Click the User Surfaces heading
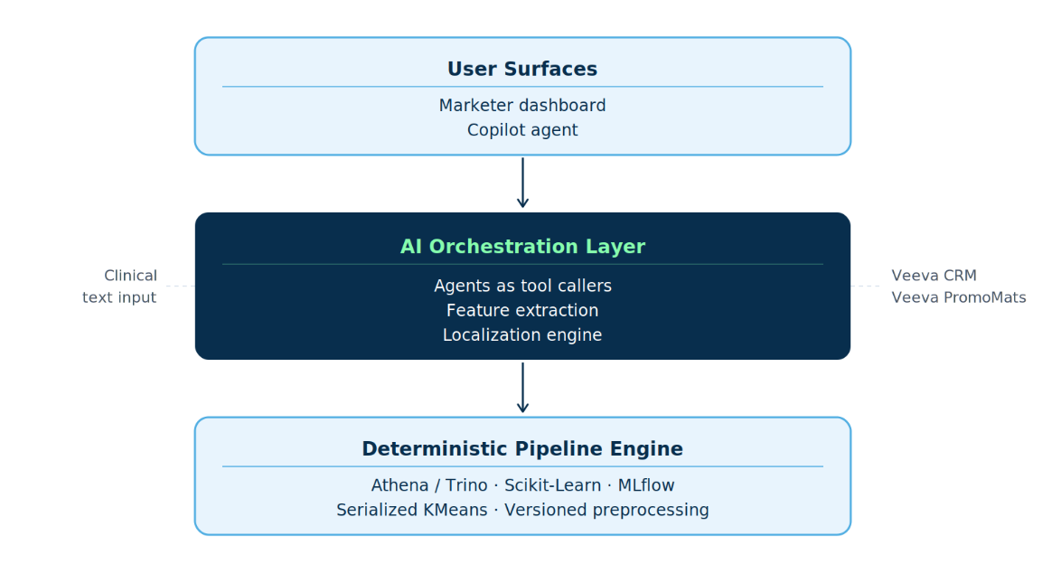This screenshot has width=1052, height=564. (522, 69)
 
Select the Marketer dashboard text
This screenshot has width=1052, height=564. (522, 105)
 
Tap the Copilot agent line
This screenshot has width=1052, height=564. (522, 130)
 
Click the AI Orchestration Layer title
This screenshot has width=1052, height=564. (522, 247)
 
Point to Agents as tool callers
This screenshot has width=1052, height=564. (522, 286)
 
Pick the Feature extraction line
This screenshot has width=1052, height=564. (522, 311)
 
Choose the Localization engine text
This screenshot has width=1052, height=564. (522, 335)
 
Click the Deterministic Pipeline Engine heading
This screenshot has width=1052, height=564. (522, 448)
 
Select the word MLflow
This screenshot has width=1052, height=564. (646, 484)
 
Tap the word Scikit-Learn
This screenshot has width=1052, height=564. (552, 485)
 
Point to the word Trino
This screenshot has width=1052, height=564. (466, 484)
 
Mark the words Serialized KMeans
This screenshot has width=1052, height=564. (412, 510)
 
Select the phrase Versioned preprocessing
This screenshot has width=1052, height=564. (606, 511)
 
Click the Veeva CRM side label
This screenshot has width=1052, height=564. (934, 276)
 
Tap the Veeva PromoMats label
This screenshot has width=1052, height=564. (959, 297)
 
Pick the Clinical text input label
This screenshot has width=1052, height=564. (119, 287)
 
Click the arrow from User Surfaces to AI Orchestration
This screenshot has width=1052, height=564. (522, 183)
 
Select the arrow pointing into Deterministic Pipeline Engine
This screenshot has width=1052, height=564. (522, 388)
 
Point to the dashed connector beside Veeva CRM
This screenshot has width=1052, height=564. (865, 287)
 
